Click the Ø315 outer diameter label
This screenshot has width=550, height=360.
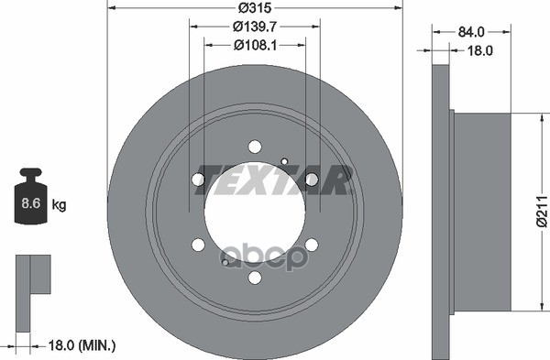point(255,7)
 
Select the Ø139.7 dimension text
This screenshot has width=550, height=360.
point(255,27)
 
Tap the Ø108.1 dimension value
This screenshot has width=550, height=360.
point(256,45)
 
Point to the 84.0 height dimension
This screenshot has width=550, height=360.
point(471,32)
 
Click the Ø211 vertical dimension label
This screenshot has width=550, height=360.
point(542,212)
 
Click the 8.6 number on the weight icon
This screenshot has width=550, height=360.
point(31,203)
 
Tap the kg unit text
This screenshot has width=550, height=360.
point(59,204)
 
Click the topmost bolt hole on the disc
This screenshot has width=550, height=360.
point(255,147)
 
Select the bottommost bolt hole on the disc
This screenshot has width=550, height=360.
point(255,278)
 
